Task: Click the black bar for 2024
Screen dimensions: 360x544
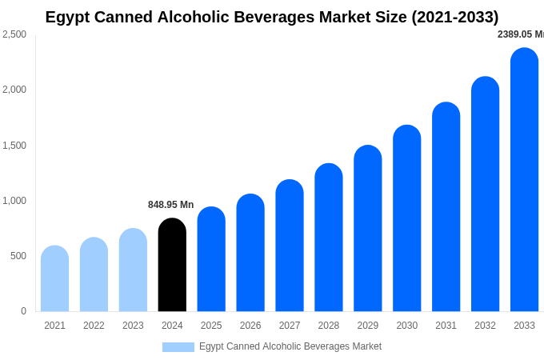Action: point(172,265)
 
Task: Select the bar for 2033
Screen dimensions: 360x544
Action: point(524,180)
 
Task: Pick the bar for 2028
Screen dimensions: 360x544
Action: point(329,238)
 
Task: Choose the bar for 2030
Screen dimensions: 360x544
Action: point(406,218)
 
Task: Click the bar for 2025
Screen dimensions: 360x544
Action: point(211,259)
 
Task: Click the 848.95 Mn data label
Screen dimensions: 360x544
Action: point(170,205)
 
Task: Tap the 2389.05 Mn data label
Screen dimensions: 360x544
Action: point(520,34)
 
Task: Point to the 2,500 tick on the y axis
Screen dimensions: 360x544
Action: point(14,34)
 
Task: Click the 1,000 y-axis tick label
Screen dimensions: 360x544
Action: point(14,201)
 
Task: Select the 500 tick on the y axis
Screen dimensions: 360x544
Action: point(18,256)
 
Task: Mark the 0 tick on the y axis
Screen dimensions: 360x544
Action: point(23,311)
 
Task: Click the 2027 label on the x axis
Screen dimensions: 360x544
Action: point(290,326)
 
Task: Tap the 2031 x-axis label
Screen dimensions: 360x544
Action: point(446,326)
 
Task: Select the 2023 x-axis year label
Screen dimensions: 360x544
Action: point(133,326)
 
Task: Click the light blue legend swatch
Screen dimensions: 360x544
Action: point(178,347)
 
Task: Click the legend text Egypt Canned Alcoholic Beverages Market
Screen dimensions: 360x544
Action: point(290,346)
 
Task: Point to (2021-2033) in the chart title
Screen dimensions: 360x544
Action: point(454,17)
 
